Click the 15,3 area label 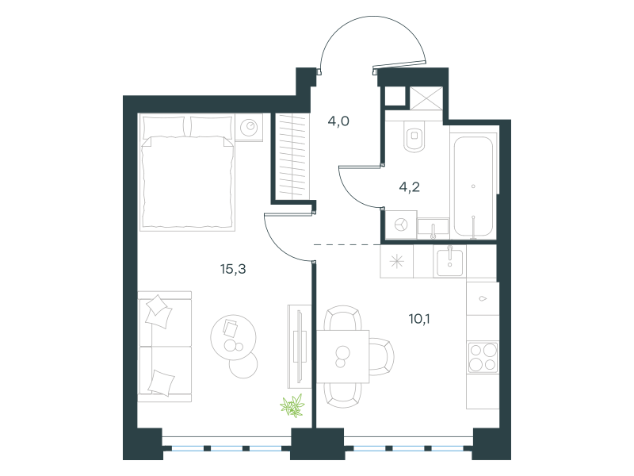233,269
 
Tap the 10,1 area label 419,319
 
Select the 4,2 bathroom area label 409,187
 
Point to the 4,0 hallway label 338,121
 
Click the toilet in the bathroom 414,136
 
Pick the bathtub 473,186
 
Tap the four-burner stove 483,357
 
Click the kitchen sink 449,262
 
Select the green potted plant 292,405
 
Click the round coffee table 233,338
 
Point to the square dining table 342,356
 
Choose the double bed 187,172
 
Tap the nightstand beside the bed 249,127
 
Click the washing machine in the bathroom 401,225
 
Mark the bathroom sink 433,228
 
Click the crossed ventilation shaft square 426,98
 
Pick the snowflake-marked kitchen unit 397,262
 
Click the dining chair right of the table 381,356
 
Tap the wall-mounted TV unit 300,347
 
